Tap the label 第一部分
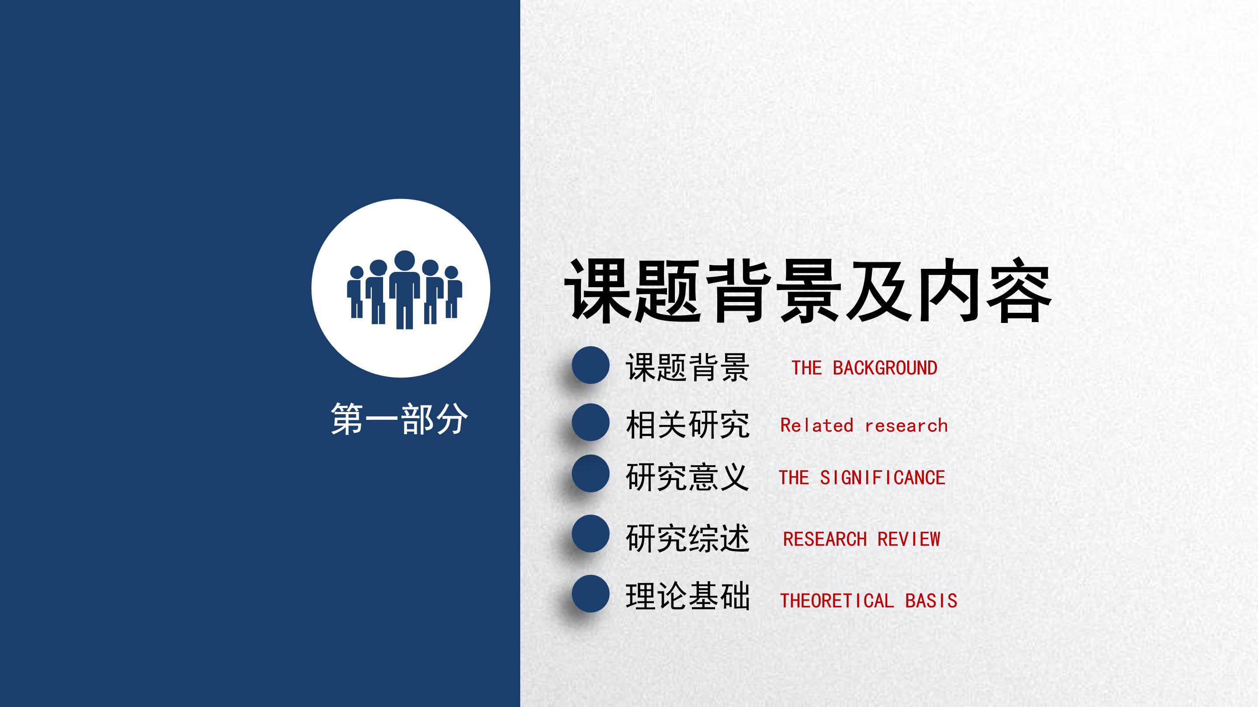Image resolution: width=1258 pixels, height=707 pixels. [399, 419]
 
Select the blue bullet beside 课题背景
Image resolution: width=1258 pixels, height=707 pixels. [591, 365]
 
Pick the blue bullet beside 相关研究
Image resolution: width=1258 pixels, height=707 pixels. [591, 422]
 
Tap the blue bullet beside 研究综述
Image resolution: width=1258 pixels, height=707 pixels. [591, 534]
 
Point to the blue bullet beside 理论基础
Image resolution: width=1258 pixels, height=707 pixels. [591, 594]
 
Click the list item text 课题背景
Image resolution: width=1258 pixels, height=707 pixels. [687, 367]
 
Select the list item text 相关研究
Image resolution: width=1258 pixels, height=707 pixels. [687, 425]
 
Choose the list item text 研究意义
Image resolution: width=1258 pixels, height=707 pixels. [687, 477]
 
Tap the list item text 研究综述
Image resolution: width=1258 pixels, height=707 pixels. [687, 539]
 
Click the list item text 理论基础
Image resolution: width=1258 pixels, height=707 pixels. [687, 596]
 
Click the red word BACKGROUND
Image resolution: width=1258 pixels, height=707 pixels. [885, 368]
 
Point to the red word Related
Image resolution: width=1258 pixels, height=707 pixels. [816, 426]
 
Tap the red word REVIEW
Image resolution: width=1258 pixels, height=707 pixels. [909, 539]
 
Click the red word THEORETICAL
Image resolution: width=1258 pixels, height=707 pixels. [836, 601]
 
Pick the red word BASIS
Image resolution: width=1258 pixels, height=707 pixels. [931, 601]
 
